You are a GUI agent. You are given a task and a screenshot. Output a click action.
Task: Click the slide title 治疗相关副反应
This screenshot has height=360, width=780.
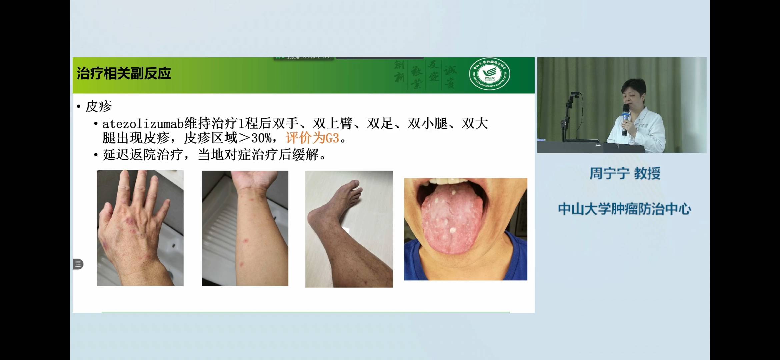click(x=124, y=74)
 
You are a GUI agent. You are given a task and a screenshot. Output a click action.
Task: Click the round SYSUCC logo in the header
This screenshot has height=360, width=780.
click(x=489, y=74)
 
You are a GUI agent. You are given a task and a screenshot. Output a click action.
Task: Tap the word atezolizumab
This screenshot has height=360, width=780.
click(x=143, y=124)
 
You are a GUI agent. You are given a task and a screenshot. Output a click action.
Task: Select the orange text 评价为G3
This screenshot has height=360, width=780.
click(x=312, y=138)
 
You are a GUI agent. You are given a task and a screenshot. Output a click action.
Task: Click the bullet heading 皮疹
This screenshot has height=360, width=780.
click(x=98, y=107)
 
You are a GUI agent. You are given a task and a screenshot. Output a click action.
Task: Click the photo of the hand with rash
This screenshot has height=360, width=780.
click(x=140, y=228)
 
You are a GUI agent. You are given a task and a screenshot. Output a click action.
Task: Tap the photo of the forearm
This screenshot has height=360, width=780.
click(x=245, y=228)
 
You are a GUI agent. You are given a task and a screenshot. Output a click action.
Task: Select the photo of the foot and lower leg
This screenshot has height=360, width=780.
click(x=349, y=229)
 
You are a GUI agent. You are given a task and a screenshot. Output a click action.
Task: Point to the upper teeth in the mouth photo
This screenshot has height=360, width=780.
click(x=448, y=181)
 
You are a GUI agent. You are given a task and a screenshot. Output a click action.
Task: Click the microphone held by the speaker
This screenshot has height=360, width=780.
click(x=625, y=115)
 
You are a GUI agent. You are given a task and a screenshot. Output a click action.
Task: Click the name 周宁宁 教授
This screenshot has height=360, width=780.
click(x=625, y=174)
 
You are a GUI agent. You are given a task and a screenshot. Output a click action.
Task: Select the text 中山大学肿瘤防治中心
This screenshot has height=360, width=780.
click(x=624, y=209)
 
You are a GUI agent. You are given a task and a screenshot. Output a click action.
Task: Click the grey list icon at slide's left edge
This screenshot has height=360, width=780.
click(x=78, y=264)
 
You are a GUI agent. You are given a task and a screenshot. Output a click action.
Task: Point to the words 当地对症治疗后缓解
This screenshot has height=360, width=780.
click(x=258, y=155)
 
